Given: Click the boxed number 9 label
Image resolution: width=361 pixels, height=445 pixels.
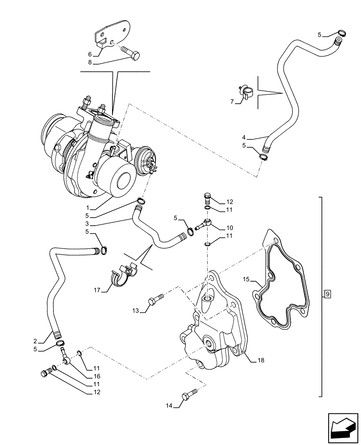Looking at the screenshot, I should tap(327, 294).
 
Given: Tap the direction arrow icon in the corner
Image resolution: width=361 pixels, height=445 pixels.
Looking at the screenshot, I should tap(342, 429).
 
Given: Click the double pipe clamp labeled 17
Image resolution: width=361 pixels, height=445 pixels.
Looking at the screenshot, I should tap(122, 277).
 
